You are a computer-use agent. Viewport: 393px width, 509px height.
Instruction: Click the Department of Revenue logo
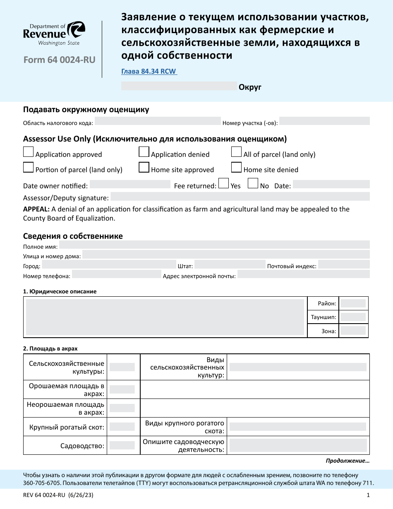(54, 34)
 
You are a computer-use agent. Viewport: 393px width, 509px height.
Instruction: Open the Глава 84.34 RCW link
(149, 72)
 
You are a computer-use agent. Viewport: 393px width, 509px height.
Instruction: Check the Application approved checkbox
(29, 152)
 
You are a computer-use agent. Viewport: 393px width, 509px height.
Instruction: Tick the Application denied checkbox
(144, 152)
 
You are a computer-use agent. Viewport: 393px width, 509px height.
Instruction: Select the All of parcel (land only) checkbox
(236, 152)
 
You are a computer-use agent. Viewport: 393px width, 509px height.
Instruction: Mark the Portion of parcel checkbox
(29, 168)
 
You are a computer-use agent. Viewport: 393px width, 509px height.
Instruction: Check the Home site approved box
(144, 168)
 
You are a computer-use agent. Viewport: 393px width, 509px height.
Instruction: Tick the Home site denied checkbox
(236, 168)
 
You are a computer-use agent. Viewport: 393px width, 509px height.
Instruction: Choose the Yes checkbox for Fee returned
(223, 183)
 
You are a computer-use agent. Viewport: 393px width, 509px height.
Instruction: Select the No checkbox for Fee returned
(253, 183)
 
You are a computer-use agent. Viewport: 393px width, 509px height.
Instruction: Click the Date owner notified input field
(130, 185)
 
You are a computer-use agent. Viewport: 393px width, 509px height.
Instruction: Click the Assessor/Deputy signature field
(240, 197)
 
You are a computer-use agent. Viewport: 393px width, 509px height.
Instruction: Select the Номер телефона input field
(117, 274)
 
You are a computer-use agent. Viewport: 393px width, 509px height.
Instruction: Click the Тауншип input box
(353, 317)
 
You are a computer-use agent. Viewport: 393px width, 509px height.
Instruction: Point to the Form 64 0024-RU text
(60, 60)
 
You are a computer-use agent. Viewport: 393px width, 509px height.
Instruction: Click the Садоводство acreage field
(122, 446)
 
